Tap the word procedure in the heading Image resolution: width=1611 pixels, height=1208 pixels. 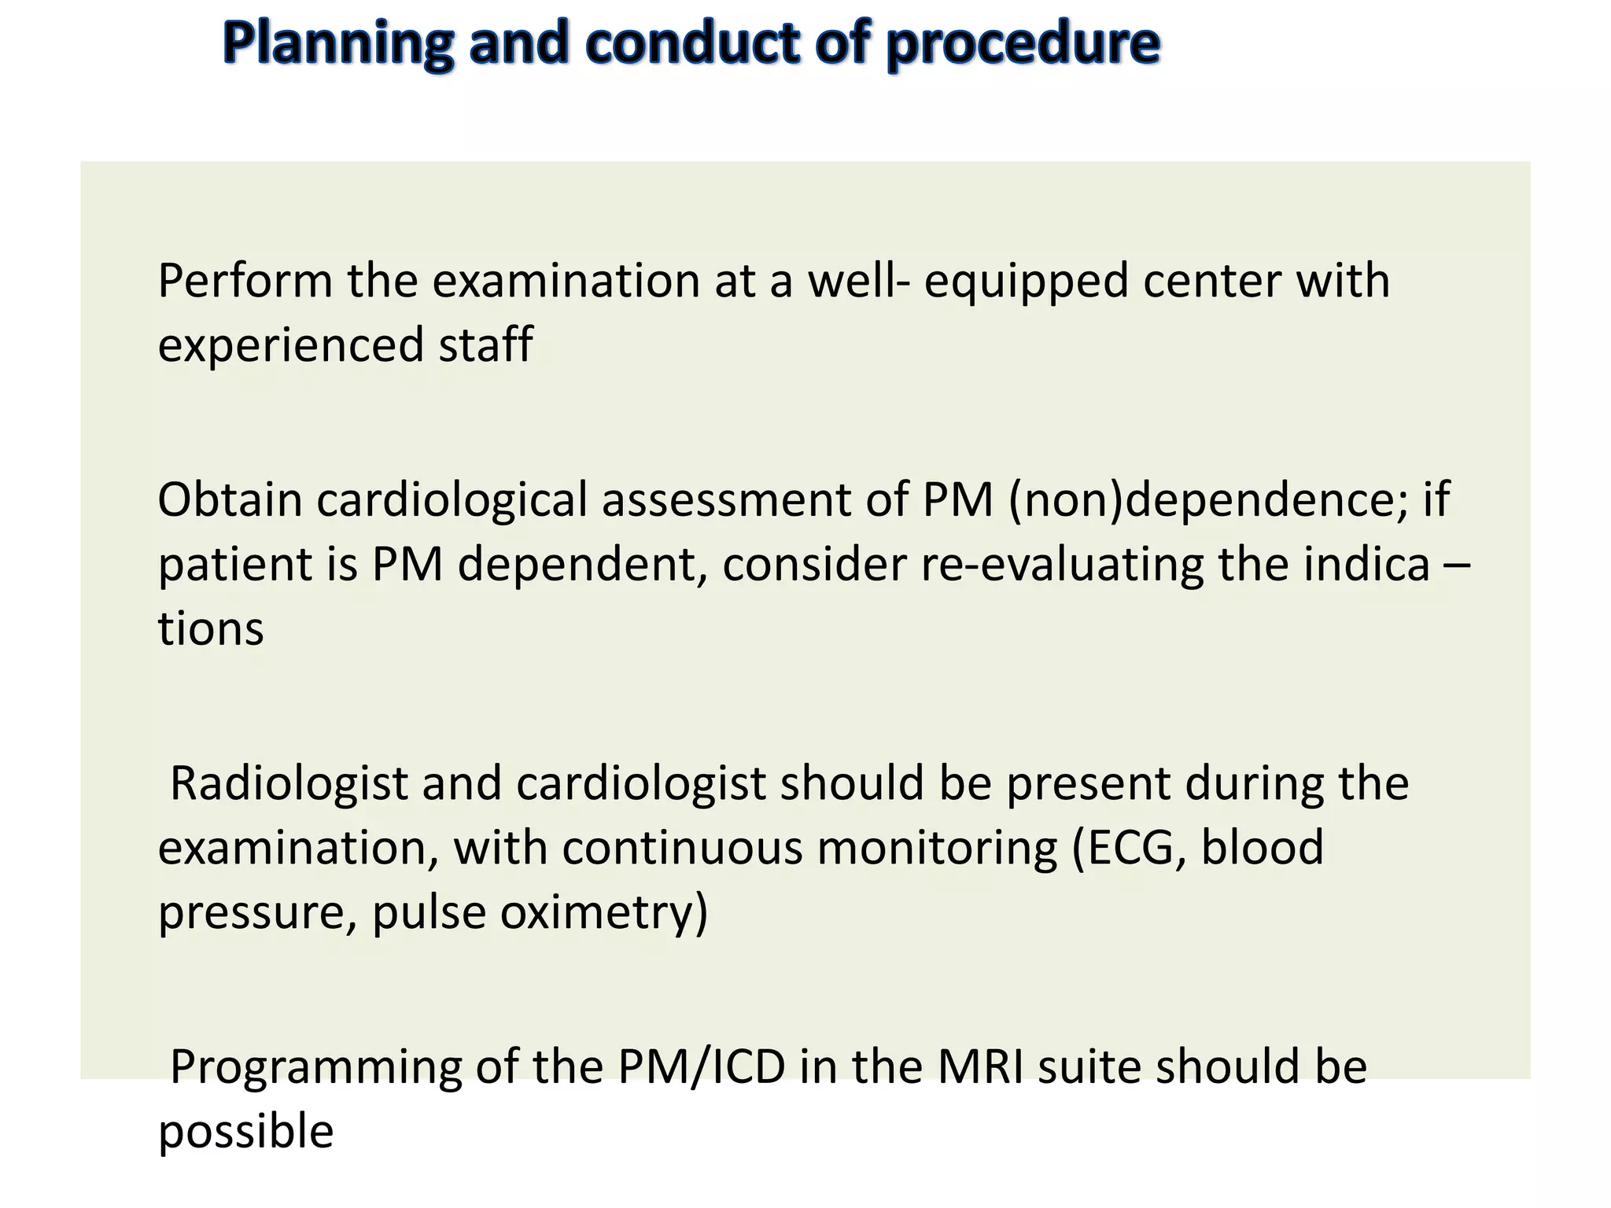coord(1022,44)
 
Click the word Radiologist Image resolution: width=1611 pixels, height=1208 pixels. coord(289,784)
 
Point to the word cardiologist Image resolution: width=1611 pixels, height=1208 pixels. coord(641,784)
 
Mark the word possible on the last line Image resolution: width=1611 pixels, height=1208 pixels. coord(245,1133)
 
